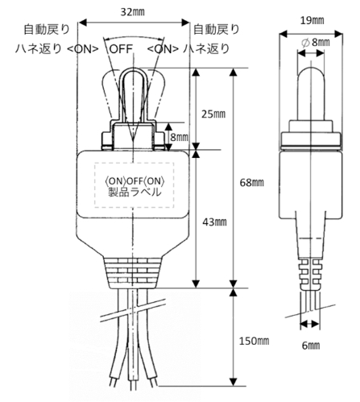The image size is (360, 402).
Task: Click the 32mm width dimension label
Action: (x=132, y=12)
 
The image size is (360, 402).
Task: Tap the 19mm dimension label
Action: (x=312, y=21)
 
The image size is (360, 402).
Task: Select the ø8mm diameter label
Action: (x=316, y=43)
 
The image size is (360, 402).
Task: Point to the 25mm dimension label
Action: (x=213, y=114)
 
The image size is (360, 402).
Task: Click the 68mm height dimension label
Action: (x=252, y=183)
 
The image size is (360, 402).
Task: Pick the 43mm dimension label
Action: (x=214, y=222)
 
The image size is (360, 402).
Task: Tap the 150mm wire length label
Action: (x=254, y=341)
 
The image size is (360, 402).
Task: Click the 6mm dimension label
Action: (x=311, y=346)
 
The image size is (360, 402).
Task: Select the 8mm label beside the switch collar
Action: (x=180, y=137)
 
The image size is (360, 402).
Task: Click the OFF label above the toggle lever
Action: (x=122, y=49)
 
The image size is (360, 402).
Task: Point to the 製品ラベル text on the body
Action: (x=134, y=192)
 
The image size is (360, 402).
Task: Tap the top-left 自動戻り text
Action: (x=47, y=29)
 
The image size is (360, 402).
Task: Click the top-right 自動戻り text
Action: (x=217, y=29)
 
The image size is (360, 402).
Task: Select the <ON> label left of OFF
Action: (x=83, y=49)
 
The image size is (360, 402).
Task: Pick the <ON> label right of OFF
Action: (x=163, y=49)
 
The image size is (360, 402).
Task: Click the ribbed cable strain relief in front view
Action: (x=134, y=272)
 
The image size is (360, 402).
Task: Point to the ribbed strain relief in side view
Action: (x=310, y=274)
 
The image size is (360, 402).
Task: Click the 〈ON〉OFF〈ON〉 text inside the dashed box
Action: (x=134, y=181)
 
